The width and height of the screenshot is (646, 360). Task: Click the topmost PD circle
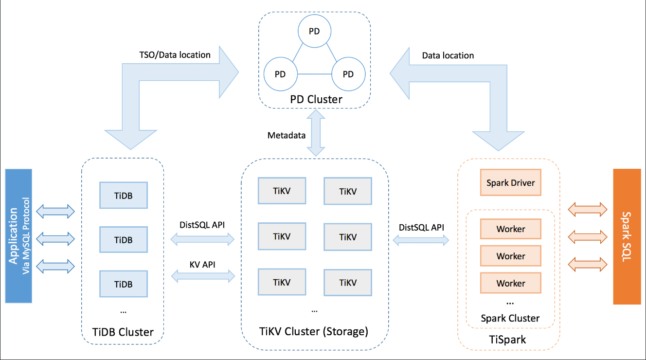314,31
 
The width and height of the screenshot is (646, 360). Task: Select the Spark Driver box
510,183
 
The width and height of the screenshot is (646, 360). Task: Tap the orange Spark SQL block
627,236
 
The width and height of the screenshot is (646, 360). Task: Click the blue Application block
18,236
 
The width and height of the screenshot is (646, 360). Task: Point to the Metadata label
287,135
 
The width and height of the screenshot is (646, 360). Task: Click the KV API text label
202,265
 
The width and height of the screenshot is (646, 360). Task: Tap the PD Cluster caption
316,99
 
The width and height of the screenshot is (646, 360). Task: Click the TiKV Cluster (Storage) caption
315,332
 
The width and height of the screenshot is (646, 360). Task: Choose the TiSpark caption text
508,340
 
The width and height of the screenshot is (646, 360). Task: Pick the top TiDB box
123,196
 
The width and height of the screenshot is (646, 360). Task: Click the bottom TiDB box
123,284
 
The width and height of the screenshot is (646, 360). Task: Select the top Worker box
510,229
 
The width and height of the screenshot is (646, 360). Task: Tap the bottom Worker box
510,283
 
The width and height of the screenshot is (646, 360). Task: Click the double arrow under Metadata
316,132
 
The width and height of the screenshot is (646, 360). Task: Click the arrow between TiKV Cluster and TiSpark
421,239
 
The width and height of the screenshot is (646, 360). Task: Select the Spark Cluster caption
510,318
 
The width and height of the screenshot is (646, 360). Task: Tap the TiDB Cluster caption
123,332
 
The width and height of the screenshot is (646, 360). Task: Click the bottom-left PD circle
280,74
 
